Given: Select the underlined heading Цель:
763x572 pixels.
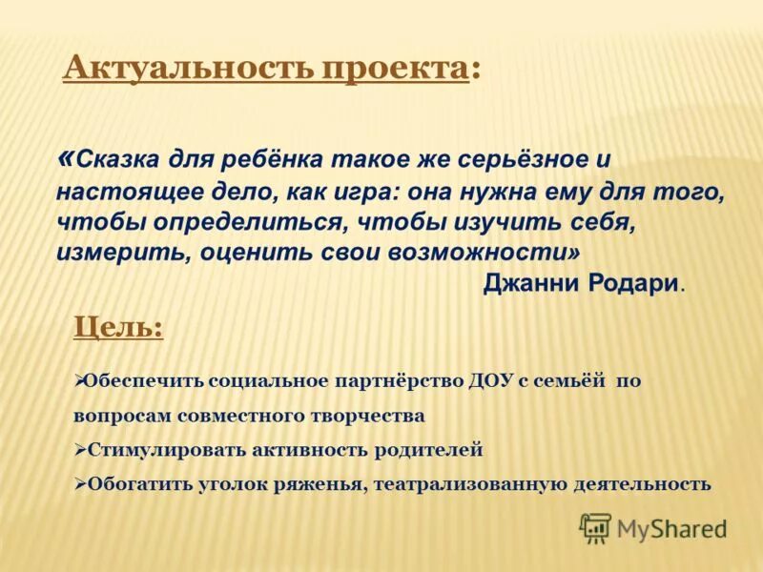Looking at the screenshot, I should coord(118,328).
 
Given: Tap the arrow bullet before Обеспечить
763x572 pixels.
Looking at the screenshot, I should coord(79,379).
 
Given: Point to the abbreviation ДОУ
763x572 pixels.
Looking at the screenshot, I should coord(490,380).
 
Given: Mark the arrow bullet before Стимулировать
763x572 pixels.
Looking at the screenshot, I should coord(79,448).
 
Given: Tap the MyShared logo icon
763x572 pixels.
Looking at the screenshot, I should coord(595,527).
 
